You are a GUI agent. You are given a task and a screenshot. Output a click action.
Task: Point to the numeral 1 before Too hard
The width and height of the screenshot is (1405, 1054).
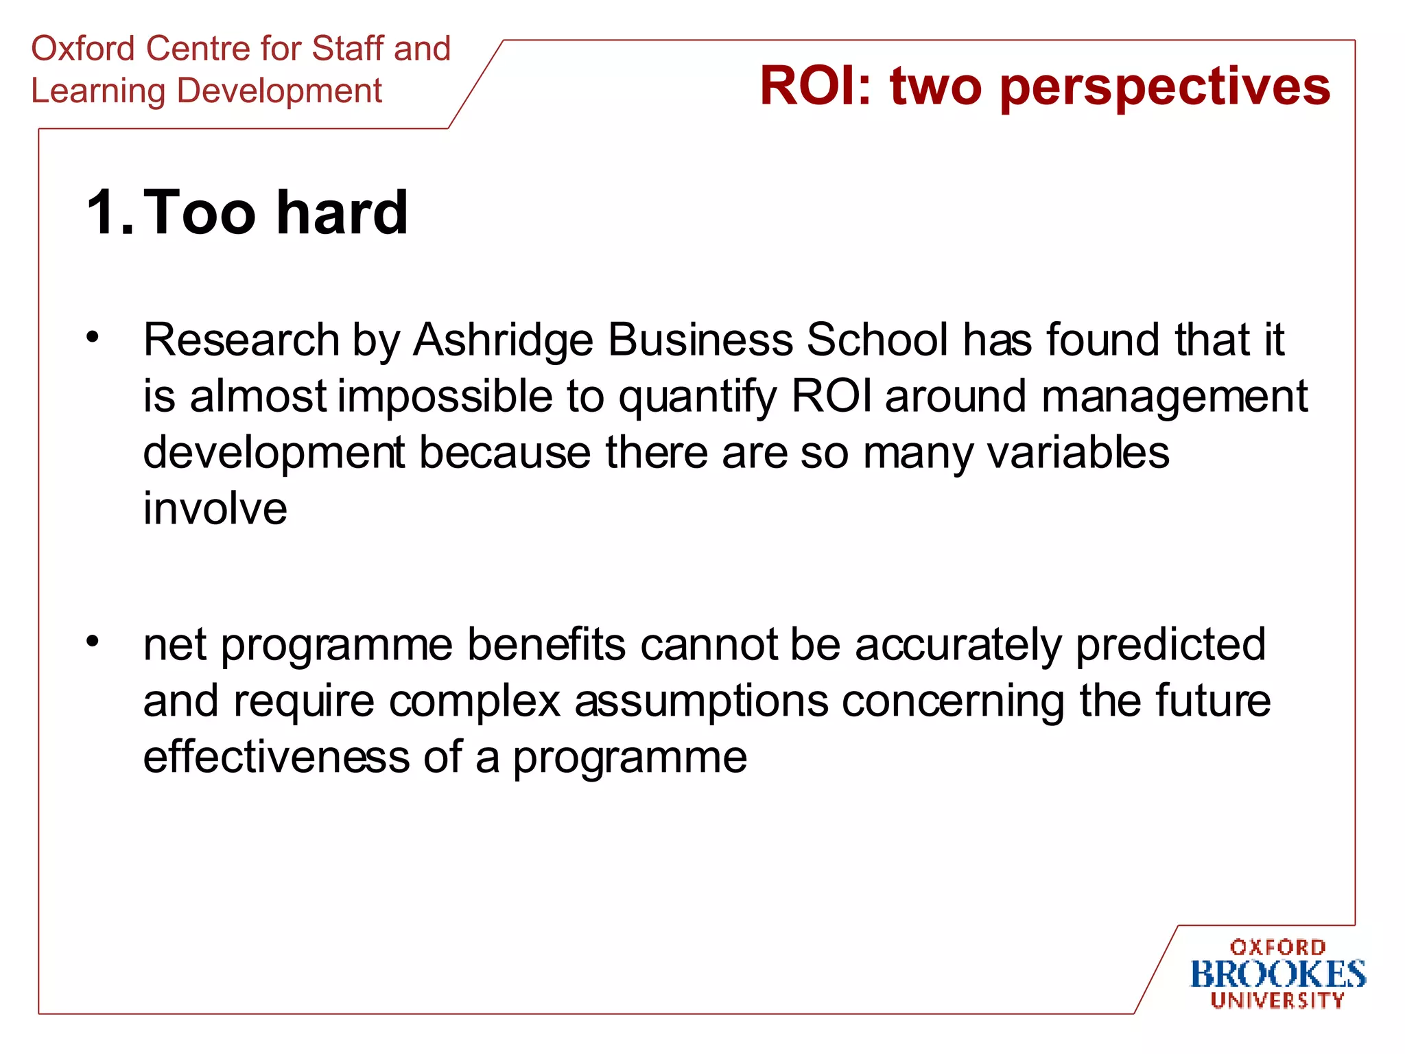coord(103,212)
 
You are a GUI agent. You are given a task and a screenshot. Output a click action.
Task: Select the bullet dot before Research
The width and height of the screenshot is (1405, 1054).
coord(93,337)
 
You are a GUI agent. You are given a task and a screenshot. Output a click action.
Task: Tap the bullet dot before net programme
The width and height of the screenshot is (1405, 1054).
coord(93,641)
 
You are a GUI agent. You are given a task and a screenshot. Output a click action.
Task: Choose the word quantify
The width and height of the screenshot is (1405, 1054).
coord(698,398)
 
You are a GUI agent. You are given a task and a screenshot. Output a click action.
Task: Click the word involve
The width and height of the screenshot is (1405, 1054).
coord(215,509)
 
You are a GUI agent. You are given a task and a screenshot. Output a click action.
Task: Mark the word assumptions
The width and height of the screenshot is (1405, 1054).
coord(701,702)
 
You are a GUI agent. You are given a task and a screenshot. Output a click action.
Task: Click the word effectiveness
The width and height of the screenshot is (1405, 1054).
coord(276,757)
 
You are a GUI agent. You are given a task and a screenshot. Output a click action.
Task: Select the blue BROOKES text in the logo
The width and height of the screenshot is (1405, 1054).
coord(1277,974)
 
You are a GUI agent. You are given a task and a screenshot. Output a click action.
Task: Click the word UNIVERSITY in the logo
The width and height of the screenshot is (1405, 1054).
coord(1277,1000)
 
